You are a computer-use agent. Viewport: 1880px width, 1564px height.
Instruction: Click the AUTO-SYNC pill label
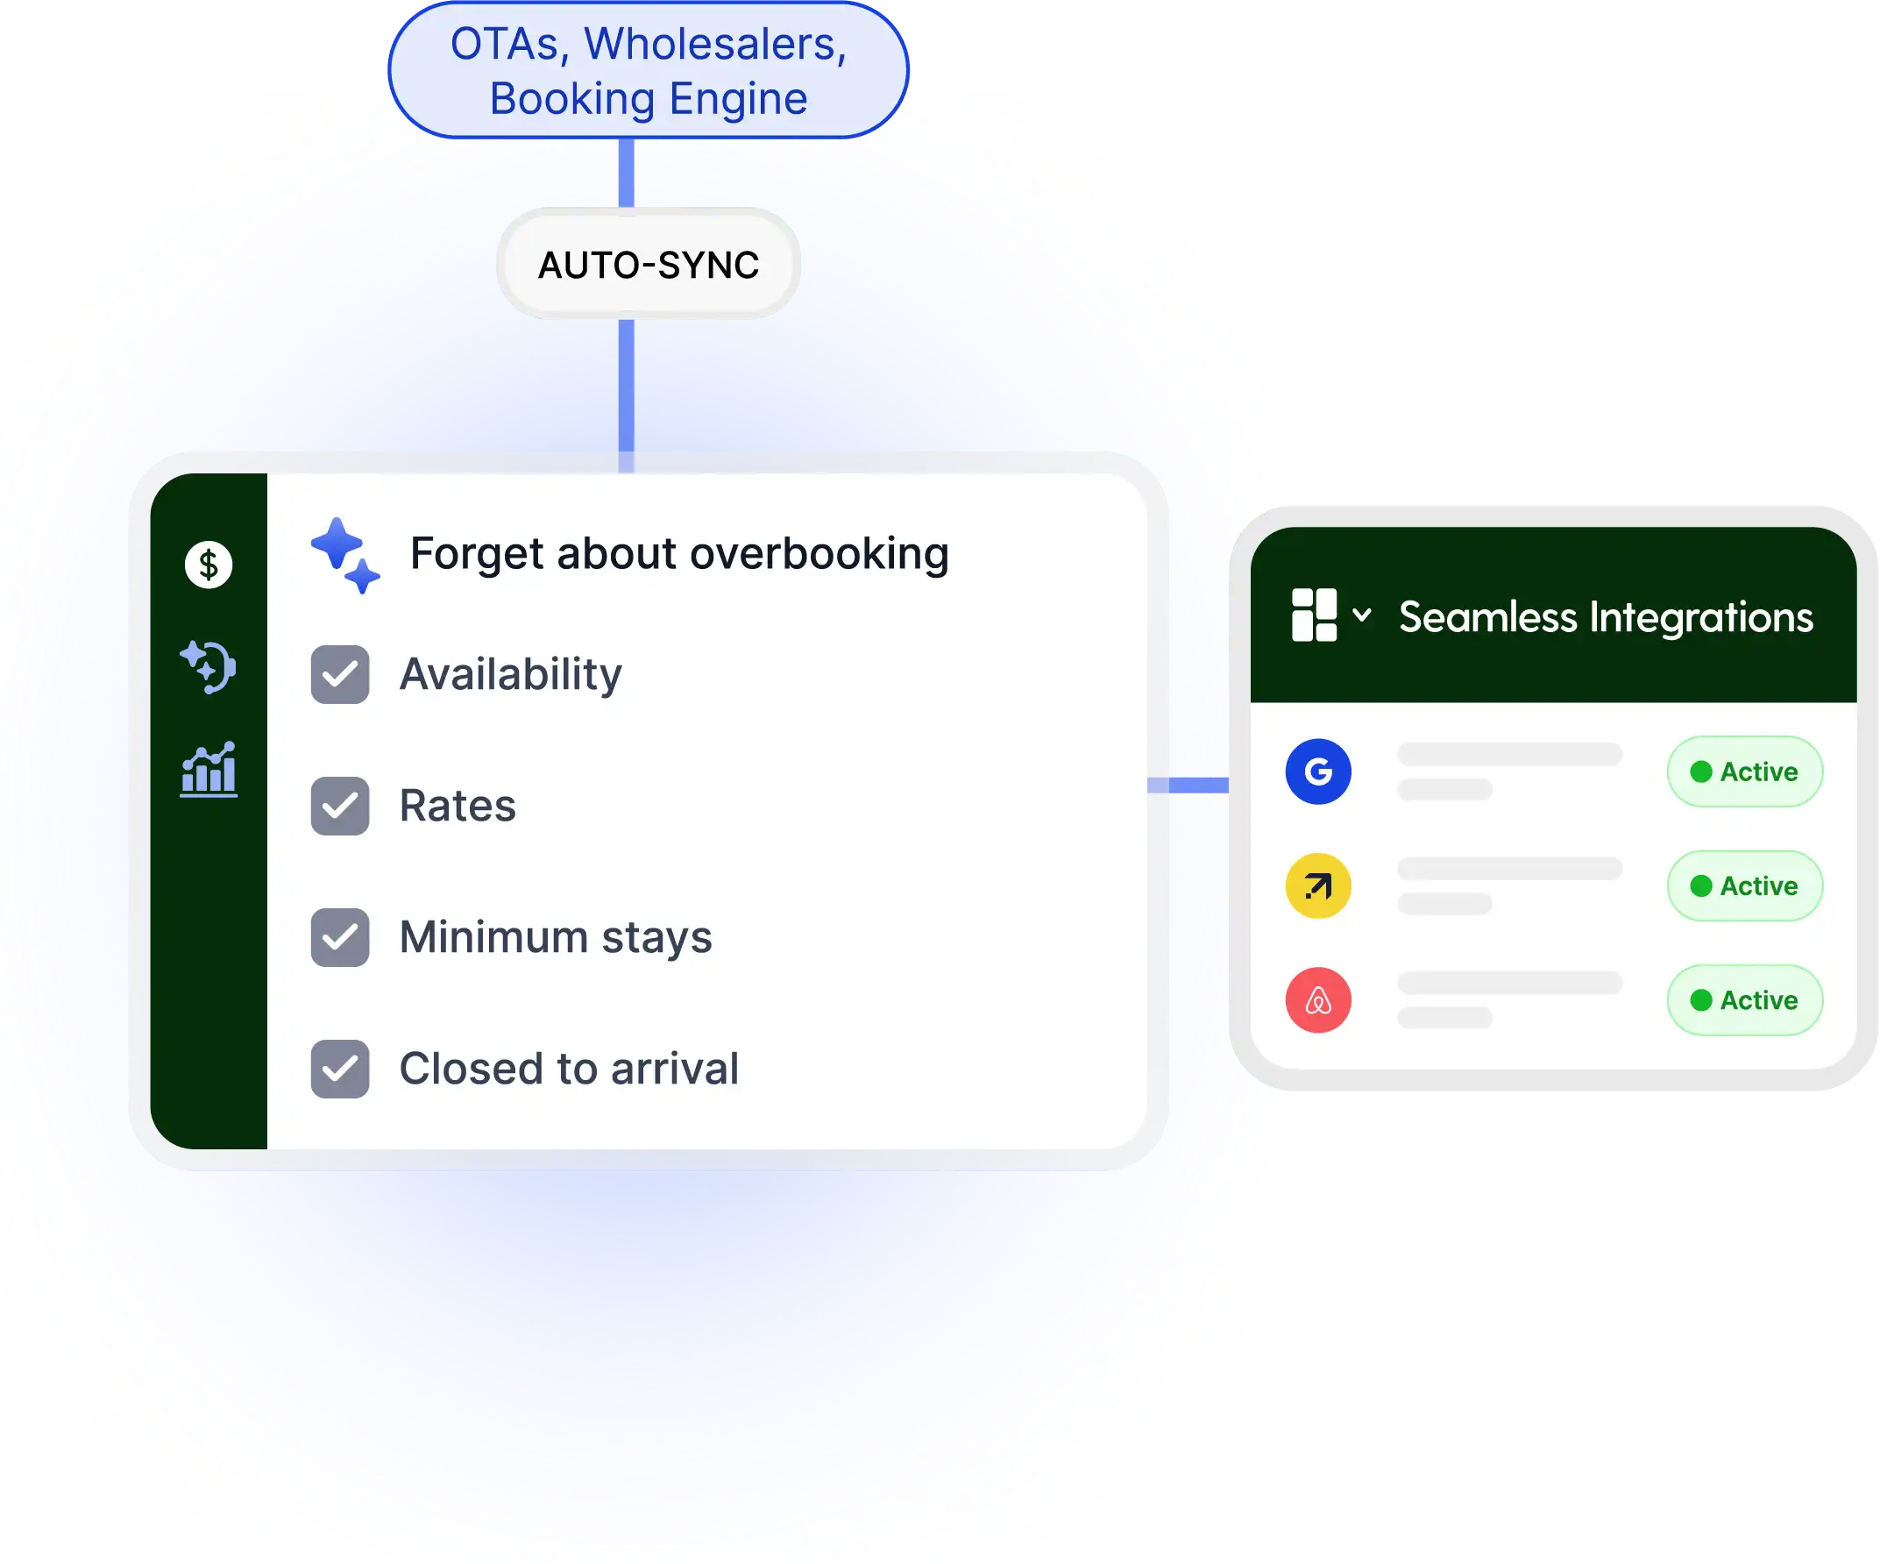pos(649,265)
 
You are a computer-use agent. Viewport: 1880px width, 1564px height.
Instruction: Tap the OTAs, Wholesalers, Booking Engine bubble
pos(649,71)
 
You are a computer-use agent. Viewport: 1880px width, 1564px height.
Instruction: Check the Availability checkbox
pos(339,674)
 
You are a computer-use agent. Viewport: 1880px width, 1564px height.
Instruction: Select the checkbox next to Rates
pos(339,806)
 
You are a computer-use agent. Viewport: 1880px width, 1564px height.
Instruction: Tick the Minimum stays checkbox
pos(339,937)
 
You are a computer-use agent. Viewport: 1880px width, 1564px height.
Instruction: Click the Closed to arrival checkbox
pos(339,1069)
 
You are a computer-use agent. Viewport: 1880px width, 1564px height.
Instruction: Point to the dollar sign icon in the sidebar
pos(209,565)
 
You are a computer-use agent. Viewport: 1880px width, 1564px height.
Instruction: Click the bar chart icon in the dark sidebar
pos(209,770)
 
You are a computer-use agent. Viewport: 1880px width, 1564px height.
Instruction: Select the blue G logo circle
pos(1318,771)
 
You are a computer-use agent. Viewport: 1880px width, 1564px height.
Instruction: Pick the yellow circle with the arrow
pos(1318,886)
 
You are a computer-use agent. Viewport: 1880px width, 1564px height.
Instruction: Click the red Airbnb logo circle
pos(1318,1000)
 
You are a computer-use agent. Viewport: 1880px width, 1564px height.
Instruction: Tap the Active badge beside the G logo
pos(1744,771)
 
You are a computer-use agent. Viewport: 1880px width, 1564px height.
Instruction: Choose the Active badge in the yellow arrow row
pos(1744,886)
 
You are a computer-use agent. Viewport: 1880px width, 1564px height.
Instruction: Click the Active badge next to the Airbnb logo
pos(1744,1000)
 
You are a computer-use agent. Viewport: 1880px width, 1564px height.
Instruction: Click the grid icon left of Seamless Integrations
pos(1314,615)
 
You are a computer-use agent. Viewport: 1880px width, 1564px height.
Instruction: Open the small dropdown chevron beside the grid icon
pos(1362,615)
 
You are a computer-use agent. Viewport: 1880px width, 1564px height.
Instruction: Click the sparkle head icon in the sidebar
pos(209,667)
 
